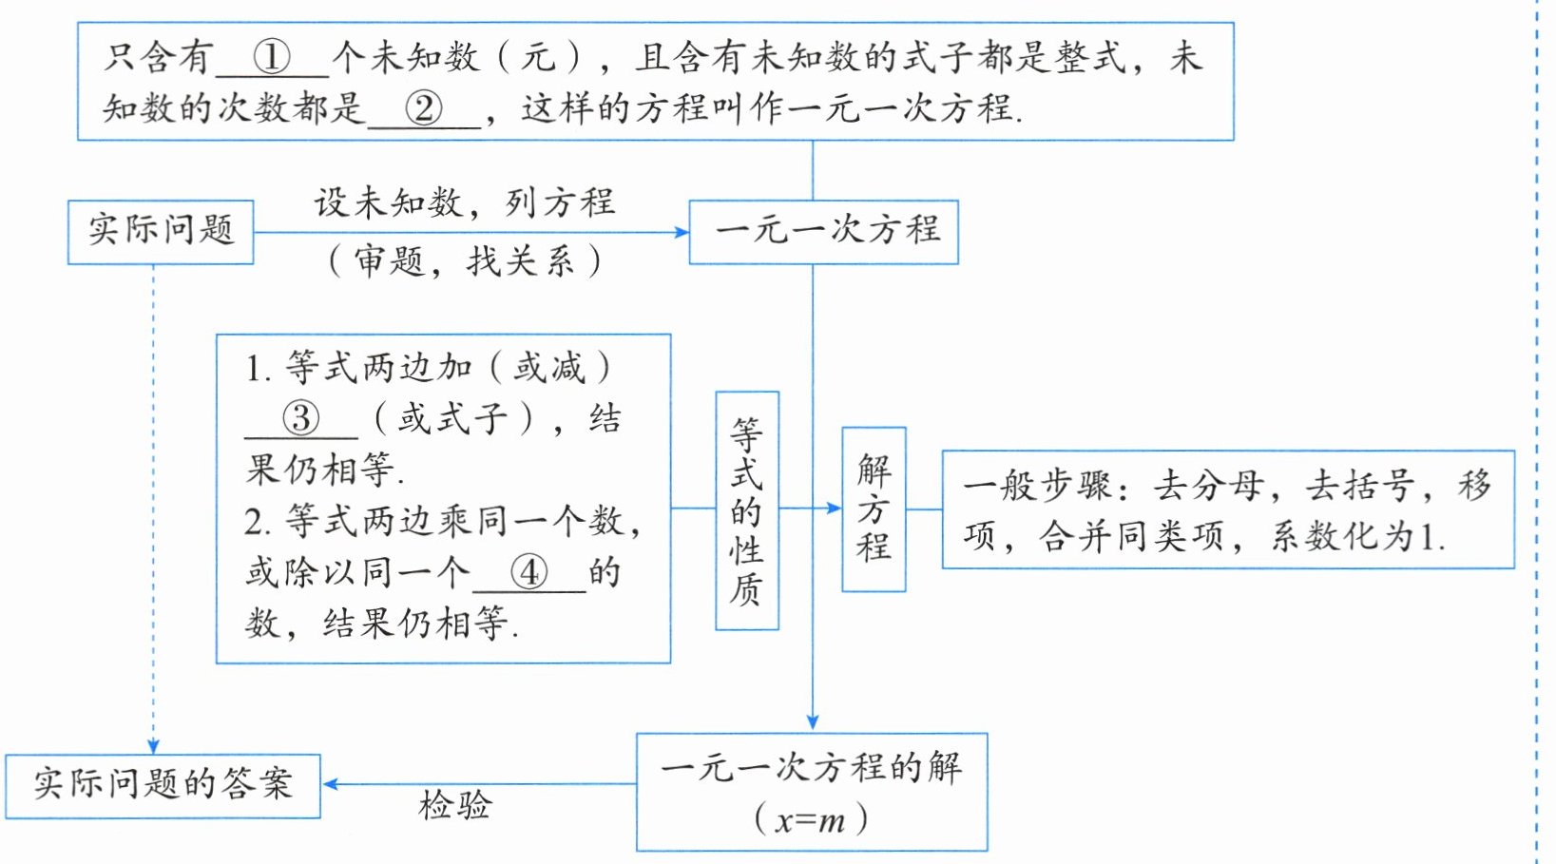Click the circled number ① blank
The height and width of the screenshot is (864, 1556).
(x=272, y=58)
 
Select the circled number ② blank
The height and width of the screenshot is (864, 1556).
(x=424, y=108)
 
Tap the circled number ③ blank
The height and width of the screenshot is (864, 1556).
(x=300, y=419)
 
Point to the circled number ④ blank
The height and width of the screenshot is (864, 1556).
(x=529, y=573)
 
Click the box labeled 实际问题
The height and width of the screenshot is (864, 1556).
(x=161, y=232)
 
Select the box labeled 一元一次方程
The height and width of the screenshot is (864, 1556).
(x=824, y=232)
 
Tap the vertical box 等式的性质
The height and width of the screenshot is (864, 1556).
(x=747, y=510)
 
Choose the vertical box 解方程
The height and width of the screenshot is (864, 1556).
(x=874, y=509)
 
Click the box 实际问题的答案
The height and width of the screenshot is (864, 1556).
(x=163, y=786)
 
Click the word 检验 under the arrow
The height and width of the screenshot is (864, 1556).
(x=455, y=806)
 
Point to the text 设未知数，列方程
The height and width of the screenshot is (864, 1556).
(x=465, y=203)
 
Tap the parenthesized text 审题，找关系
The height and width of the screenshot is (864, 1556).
(x=465, y=261)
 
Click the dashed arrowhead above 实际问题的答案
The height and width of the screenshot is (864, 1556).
(x=154, y=746)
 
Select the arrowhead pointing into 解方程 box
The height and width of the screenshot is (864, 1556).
(x=834, y=509)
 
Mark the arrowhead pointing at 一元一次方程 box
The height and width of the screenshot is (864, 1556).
(x=682, y=232)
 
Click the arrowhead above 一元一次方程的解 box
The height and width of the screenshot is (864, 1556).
(x=813, y=721)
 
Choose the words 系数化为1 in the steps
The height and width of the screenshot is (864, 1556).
(x=1358, y=537)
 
